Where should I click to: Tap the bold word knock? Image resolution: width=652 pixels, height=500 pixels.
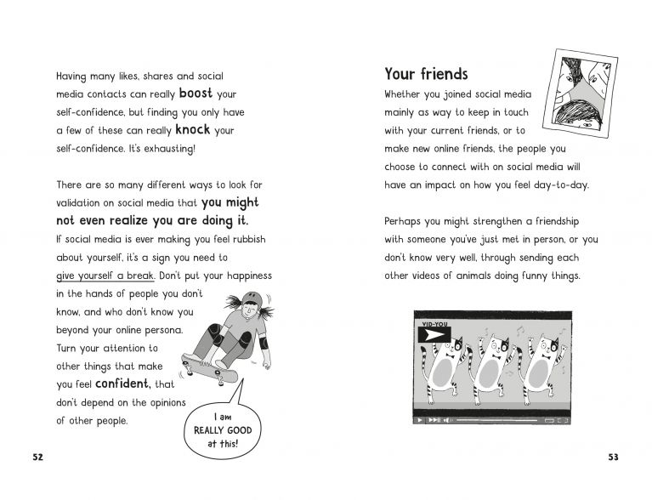click(192, 130)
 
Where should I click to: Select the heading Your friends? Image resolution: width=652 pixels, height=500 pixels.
click(426, 74)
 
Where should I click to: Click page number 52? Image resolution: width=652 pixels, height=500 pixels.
click(37, 457)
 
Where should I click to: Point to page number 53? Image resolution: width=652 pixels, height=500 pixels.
click(614, 457)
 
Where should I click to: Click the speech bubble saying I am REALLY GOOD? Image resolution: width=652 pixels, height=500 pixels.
click(215, 429)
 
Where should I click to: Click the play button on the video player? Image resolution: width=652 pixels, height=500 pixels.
click(420, 420)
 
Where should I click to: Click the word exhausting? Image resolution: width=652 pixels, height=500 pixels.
click(167, 149)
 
